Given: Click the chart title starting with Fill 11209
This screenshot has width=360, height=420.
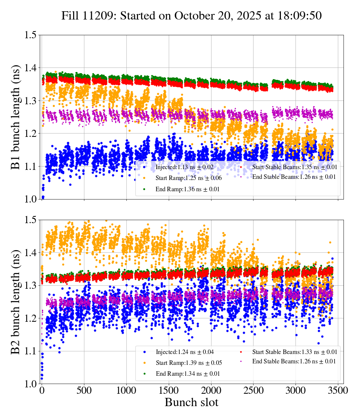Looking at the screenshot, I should (x=192, y=15).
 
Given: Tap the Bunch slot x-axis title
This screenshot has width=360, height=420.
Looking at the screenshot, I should (x=191, y=403).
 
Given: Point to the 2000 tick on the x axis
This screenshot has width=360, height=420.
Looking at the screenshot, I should (x=211, y=391).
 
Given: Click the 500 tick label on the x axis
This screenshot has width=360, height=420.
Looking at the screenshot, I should (x=84, y=391).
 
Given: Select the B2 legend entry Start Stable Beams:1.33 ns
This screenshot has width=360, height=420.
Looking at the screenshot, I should (x=294, y=352).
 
